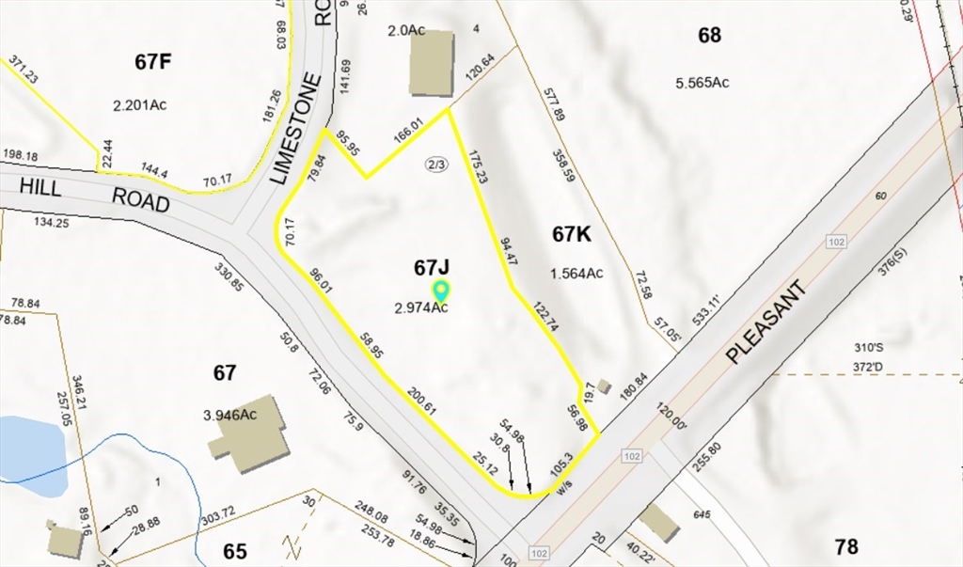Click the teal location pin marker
pos(440,291)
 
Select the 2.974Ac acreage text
pos(420,307)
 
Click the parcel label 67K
pos(571,235)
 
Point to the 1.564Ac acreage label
pos(576,274)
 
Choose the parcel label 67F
pos(153,62)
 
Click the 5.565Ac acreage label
pos(702,82)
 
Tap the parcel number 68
pos(709,36)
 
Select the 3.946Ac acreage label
pos(230,415)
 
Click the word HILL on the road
pos(40,188)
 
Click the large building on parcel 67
pos(248,433)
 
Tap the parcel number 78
pos(845,545)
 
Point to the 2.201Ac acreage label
pos(139,104)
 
